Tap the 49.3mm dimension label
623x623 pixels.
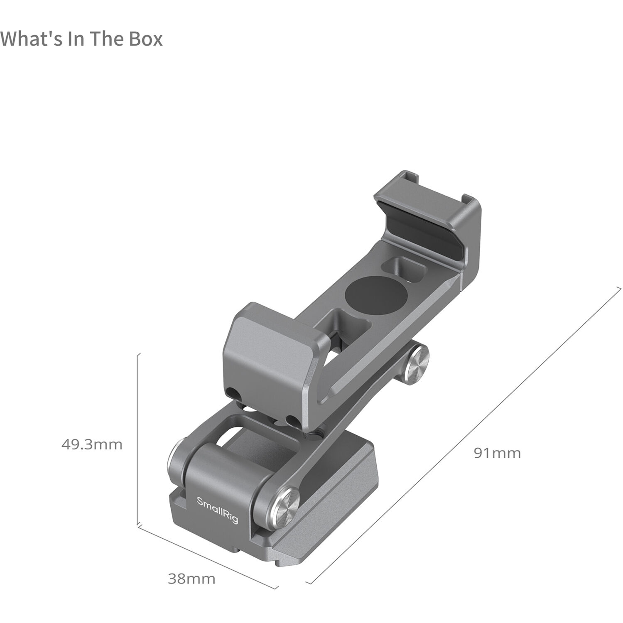click(x=92, y=444)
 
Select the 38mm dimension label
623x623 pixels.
click(x=191, y=578)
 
